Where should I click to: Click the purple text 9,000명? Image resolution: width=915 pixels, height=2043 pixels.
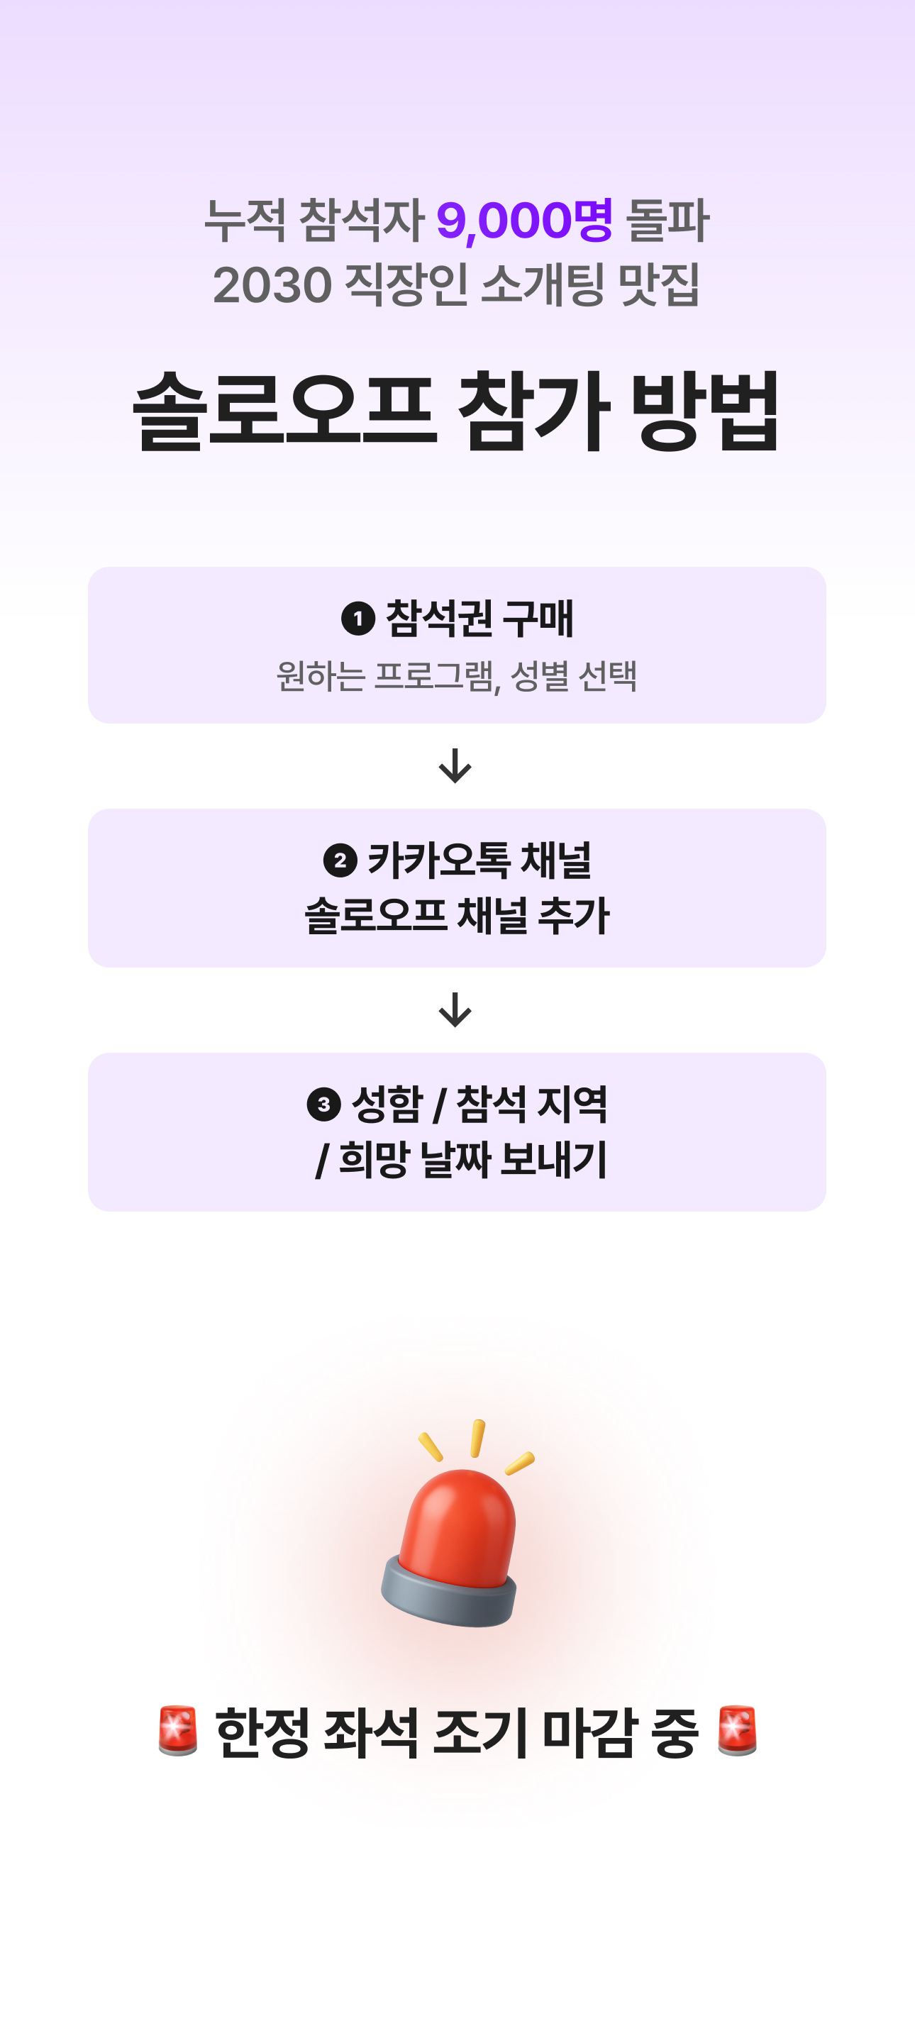coord(524,220)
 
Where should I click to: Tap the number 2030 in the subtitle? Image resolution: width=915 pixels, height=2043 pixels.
coord(272,284)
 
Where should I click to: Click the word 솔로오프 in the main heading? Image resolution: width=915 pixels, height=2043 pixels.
coord(284,411)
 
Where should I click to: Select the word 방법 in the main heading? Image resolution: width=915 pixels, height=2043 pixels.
coord(705,411)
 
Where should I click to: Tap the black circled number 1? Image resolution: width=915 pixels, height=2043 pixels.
coord(357,619)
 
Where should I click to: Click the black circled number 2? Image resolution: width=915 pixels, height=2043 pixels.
coord(340,860)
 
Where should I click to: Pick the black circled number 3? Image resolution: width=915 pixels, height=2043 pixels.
coord(323,1104)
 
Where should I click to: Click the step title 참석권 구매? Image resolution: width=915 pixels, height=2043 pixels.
coord(479,619)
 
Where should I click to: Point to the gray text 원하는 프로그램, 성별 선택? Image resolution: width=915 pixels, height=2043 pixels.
coord(457,676)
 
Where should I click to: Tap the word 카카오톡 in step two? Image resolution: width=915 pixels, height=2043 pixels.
coord(438,860)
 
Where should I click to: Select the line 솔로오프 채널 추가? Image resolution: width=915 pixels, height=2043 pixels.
coord(457,915)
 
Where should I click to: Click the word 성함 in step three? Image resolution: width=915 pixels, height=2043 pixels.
coord(387,1104)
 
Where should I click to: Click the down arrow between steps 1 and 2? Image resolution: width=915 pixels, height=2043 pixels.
coord(455,765)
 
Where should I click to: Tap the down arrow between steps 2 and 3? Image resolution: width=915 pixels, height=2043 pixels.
coord(455,1009)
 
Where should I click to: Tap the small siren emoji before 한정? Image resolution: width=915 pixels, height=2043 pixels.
coord(177,1731)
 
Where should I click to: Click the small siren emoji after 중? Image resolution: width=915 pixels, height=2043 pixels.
coord(736,1731)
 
